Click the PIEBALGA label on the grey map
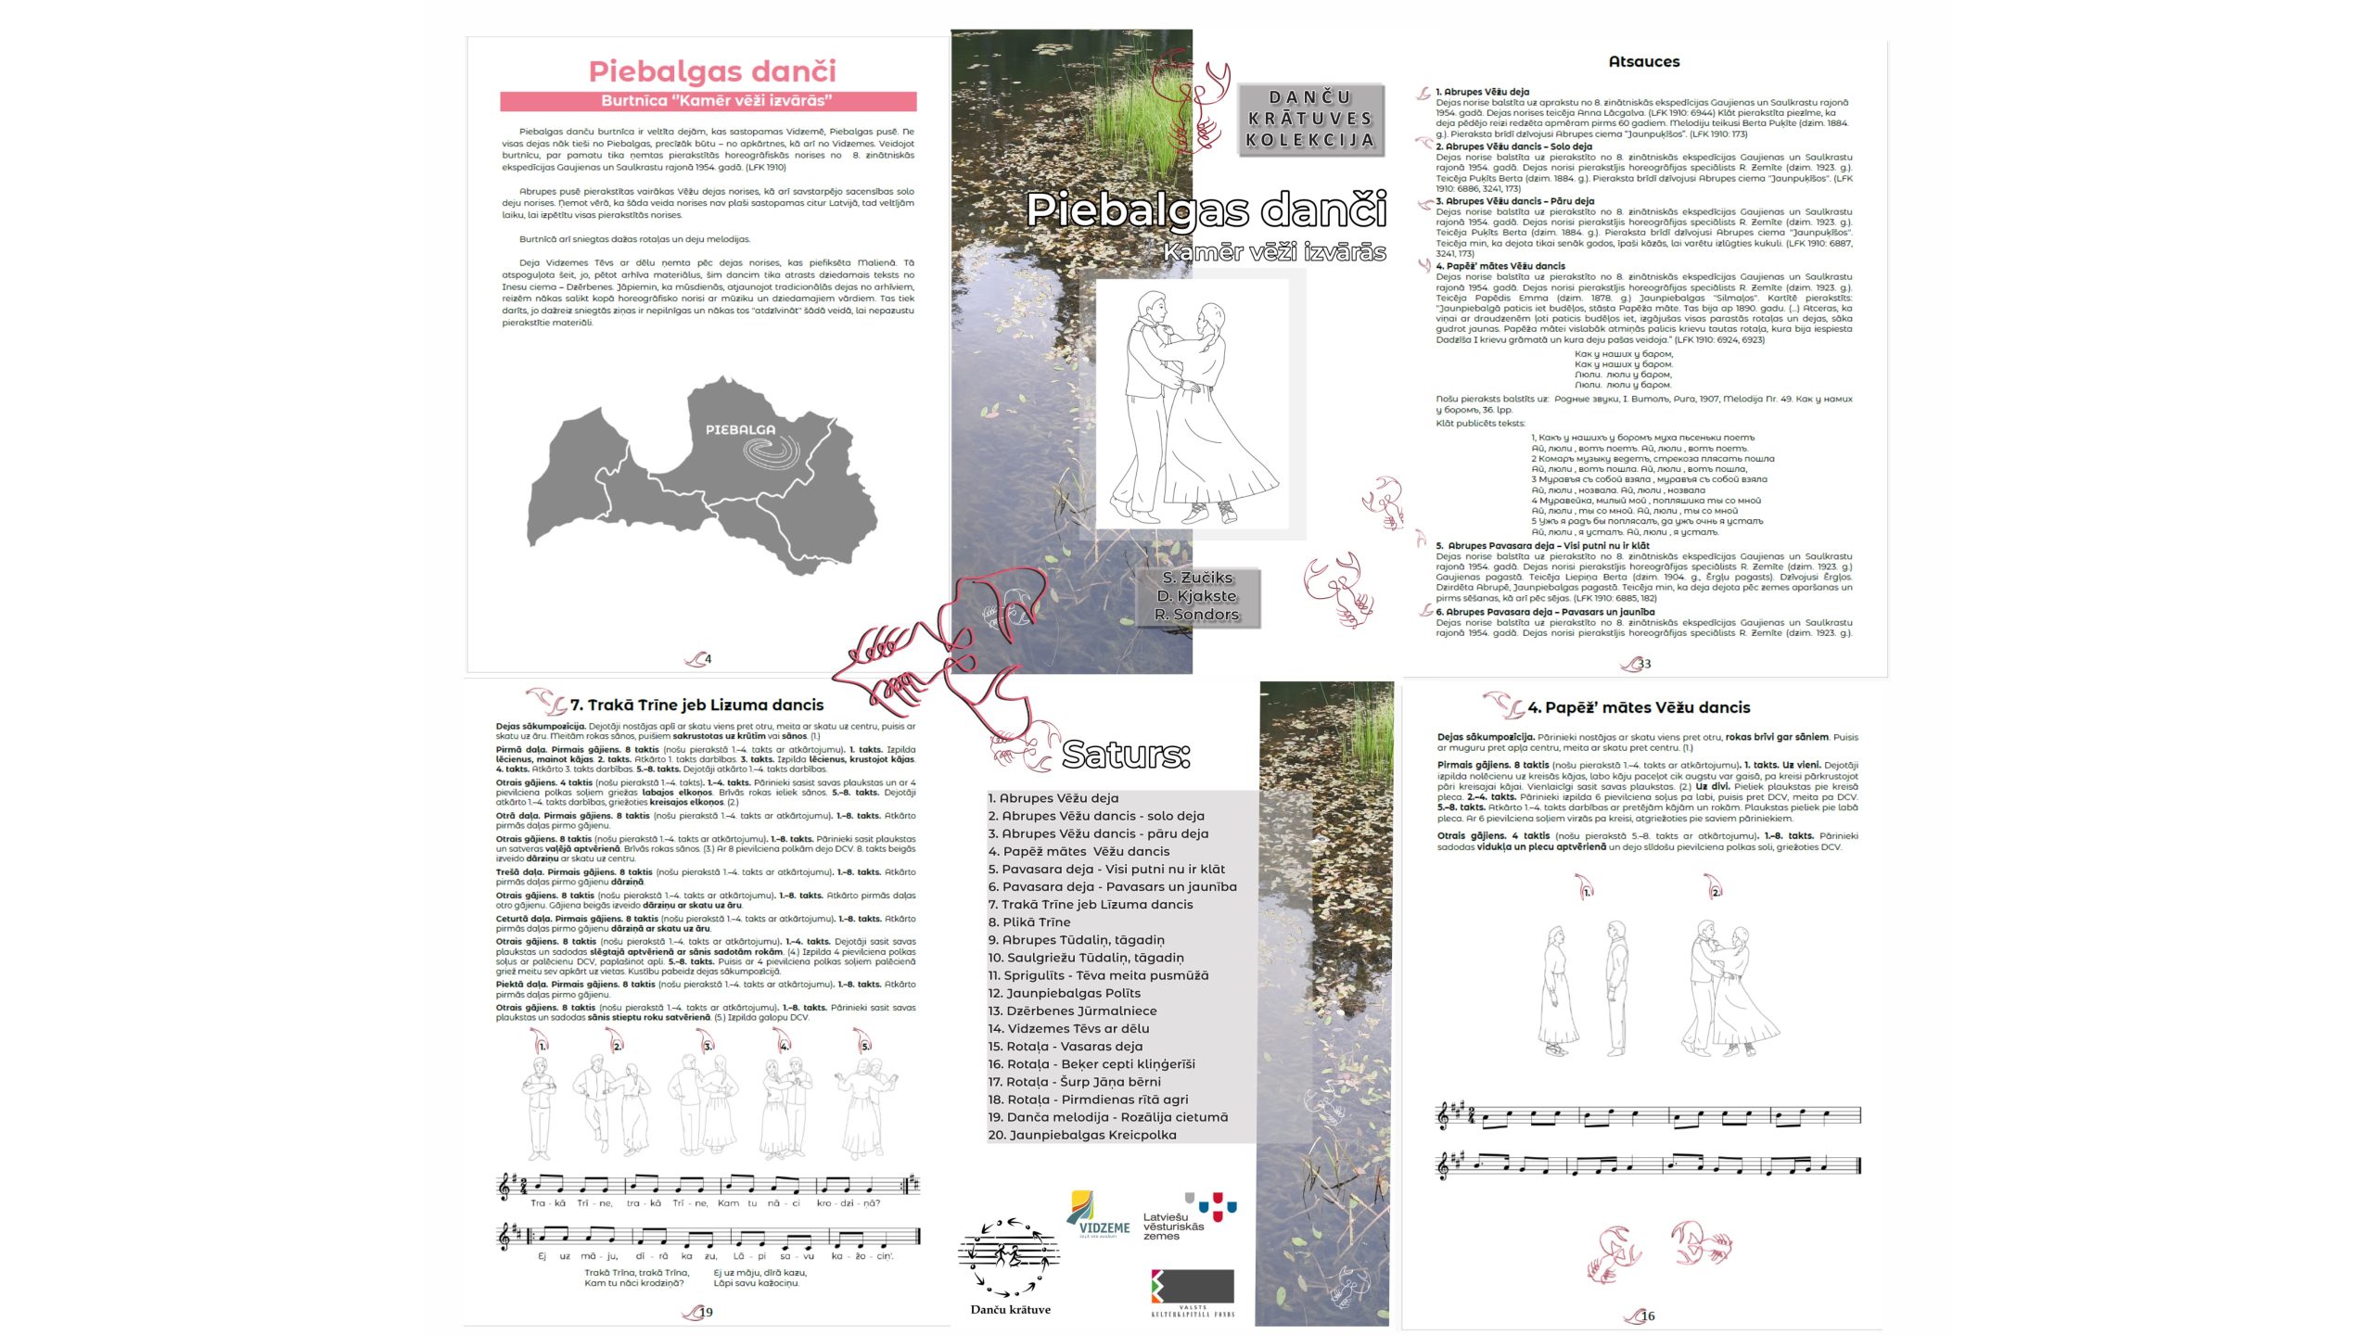740,430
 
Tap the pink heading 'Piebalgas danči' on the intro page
712,71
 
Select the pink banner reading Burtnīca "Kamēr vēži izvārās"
708,101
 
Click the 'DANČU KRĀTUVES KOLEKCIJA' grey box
1309,119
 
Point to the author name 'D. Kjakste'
1196,596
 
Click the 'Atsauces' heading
1643,62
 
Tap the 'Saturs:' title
1125,755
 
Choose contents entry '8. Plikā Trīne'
1029,922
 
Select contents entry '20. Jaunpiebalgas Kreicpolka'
1081,1135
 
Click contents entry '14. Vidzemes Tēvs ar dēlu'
1068,1028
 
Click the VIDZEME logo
1099,1215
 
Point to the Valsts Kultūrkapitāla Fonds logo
1193,1291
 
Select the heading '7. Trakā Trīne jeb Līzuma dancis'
696,706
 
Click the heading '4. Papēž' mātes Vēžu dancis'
1638,708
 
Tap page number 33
1644,664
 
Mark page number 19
706,1312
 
